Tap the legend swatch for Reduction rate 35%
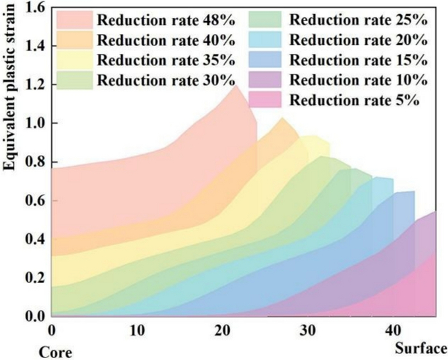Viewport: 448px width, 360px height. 76,61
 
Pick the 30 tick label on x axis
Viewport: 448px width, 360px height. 308,329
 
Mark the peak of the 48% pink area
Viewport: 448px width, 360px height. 235,85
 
